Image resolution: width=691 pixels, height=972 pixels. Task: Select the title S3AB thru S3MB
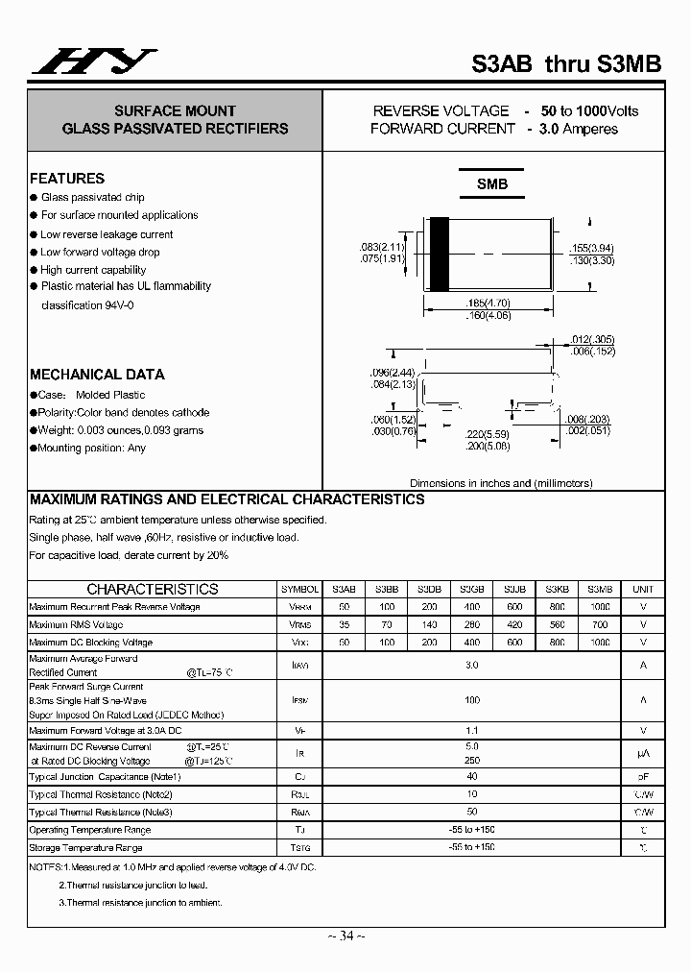(566, 64)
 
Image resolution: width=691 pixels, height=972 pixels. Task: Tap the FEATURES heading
(67, 179)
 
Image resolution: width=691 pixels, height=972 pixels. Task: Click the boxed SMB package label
(492, 183)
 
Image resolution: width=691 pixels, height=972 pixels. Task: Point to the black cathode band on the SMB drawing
(439, 255)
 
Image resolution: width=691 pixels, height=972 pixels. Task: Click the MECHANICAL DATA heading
(97, 375)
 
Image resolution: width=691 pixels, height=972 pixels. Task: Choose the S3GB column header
(471, 589)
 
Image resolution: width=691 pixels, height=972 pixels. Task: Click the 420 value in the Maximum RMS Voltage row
(514, 624)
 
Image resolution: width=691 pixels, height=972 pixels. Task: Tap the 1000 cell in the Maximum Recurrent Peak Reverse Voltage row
(599, 607)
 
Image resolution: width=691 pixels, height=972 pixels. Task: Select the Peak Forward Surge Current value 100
(471, 700)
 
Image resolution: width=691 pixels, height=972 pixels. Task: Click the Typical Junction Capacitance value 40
(471, 777)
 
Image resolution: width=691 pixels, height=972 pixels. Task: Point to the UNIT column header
(643, 589)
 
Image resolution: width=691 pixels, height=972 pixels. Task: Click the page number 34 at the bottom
(346, 936)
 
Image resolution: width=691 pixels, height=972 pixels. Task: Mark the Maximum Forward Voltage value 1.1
(471, 731)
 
